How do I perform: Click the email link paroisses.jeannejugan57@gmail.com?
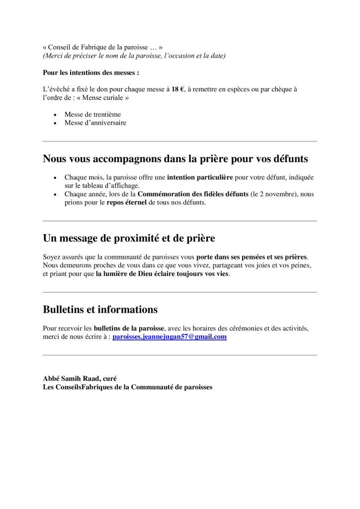[x=170, y=337]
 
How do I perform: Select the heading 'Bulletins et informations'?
[x=100, y=310]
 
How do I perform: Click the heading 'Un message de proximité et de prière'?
[x=129, y=239]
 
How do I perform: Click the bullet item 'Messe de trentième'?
[x=92, y=114]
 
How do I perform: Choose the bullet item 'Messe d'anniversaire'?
[x=95, y=123]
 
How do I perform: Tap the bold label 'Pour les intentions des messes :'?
[x=91, y=72]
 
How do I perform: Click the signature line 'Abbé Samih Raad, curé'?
[x=80, y=378]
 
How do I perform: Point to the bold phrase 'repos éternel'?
[x=127, y=202]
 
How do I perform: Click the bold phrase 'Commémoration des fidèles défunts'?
[x=193, y=194]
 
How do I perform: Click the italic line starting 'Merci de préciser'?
[x=134, y=56]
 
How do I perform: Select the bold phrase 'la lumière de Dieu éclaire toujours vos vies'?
[x=163, y=274]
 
